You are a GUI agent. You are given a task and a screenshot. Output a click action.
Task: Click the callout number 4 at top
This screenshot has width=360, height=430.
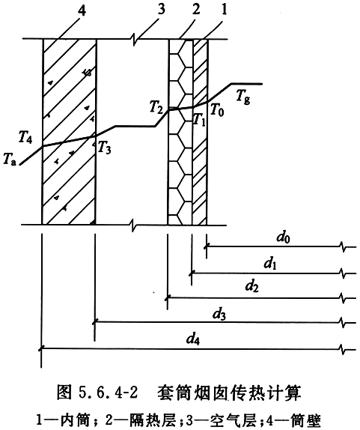tap(82, 10)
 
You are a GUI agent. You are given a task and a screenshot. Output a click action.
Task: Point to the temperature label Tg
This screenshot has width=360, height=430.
tap(243, 97)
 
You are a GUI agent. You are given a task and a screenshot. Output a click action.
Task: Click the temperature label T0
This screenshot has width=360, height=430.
tap(217, 110)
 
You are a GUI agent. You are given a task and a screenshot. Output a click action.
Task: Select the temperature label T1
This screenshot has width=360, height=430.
tap(199, 120)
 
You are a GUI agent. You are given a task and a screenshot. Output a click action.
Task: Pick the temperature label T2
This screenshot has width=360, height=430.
tap(156, 107)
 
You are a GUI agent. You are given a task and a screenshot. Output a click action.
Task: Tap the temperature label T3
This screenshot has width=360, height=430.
tap(104, 148)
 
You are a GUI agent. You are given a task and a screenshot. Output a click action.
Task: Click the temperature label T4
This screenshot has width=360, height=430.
tap(25, 137)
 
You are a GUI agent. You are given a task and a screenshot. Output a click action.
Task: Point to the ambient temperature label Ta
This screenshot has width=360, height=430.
tap(10, 160)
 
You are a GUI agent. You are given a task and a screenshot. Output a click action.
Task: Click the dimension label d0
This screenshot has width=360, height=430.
tap(283, 237)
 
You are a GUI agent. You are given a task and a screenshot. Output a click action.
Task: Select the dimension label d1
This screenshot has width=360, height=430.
tap(270, 264)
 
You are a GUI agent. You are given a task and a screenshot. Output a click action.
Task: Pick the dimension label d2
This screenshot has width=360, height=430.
tap(251, 286)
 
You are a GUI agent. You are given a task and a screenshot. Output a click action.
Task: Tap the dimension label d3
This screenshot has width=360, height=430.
tap(219, 315)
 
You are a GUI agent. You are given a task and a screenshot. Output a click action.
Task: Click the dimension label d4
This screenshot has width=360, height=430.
tap(193, 339)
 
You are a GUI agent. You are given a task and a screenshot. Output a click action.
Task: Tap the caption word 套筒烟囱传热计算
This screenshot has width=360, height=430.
tap(229, 393)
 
